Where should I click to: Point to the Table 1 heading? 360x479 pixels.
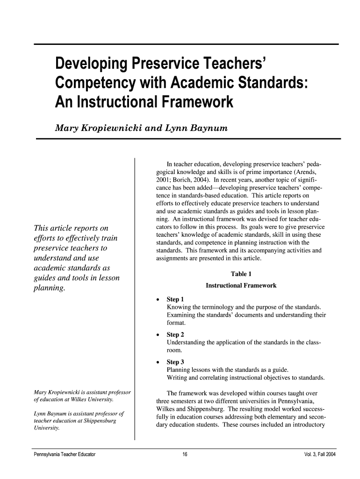point(241,274)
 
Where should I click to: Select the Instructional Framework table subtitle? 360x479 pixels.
point(241,285)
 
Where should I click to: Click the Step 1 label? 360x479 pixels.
point(175,299)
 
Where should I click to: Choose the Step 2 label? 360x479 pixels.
point(175,334)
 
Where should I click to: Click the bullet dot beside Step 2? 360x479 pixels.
point(159,335)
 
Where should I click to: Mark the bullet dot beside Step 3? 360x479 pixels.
point(159,362)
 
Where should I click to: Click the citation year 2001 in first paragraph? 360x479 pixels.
point(163,180)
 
